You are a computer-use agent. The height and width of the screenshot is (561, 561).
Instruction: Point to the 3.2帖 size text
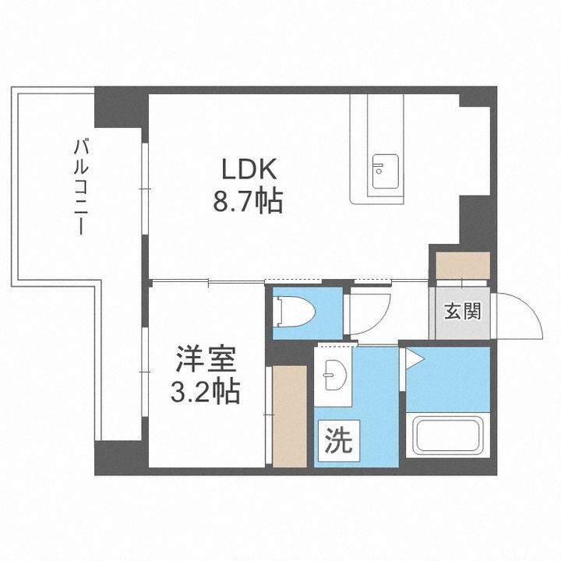205,389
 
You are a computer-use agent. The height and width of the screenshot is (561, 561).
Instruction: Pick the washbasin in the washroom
334,378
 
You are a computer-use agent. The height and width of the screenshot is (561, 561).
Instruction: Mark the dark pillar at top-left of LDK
119,109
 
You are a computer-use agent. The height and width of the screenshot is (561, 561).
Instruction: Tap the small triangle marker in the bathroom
412,358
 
